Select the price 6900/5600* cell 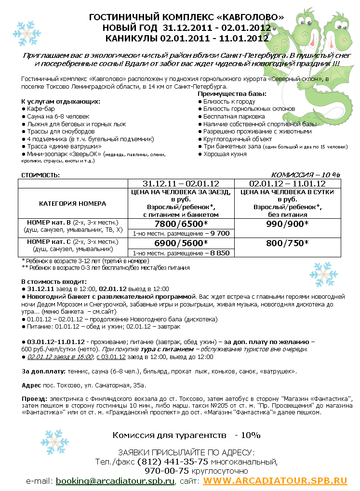[x=181, y=243]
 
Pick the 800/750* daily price [x=287, y=243]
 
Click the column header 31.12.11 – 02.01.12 [x=181, y=184]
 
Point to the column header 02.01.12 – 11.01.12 [x=287, y=184]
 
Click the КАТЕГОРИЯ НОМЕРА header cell [x=73, y=203]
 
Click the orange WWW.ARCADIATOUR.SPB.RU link [x=275, y=480]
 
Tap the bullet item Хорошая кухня [x=225, y=154]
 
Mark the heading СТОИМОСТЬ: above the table [x=40, y=175]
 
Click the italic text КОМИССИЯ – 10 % [x=306, y=174]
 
